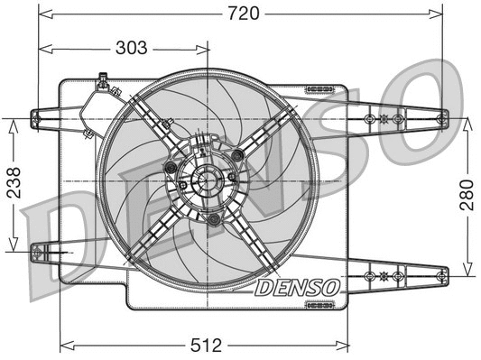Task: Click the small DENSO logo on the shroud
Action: pyautogui.click(x=297, y=288)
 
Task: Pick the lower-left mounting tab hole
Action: pyautogui.click(x=38, y=254)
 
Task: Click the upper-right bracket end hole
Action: pyautogui.click(x=440, y=118)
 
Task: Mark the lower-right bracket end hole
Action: pyautogui.click(x=440, y=274)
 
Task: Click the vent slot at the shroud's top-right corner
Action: pyautogui.click(x=319, y=88)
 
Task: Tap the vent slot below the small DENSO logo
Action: pyautogui.click(x=319, y=304)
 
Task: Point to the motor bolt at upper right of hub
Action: pyautogui.click(x=237, y=156)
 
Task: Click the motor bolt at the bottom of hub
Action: pyautogui.click(x=213, y=219)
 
